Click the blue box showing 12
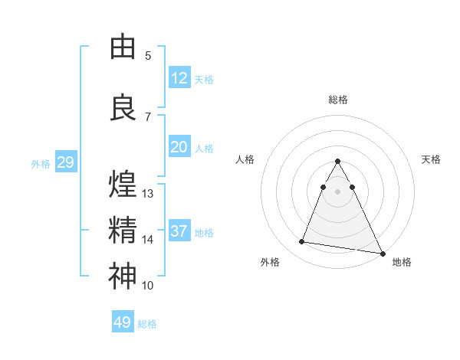179,78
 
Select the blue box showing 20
179,147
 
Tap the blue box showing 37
179,231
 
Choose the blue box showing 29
65,162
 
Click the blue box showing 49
123,322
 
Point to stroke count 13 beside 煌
148,194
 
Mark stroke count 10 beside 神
148,286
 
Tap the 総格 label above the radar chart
338,100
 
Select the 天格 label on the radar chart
432,159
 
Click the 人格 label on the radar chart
245,159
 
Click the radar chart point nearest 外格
301,242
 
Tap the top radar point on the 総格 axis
338,162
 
